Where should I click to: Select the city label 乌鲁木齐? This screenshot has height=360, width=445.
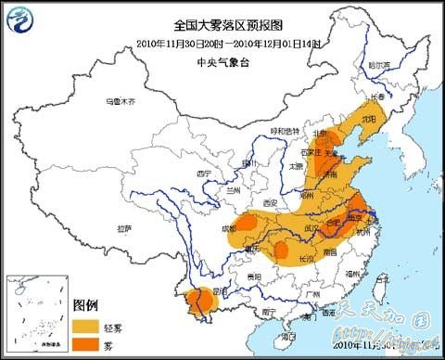120,100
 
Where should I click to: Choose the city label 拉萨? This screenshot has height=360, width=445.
123,227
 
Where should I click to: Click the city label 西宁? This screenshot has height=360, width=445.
205,174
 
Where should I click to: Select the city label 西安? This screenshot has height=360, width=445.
270,202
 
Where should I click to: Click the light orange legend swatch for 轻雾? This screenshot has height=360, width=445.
88,325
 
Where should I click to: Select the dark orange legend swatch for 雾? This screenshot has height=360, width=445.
88,344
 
